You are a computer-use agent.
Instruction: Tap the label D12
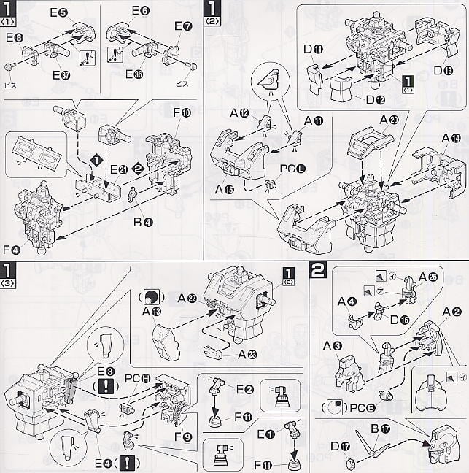(x=376, y=98)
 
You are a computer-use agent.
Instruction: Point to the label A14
(x=449, y=137)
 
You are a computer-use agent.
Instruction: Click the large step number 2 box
(x=318, y=270)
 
